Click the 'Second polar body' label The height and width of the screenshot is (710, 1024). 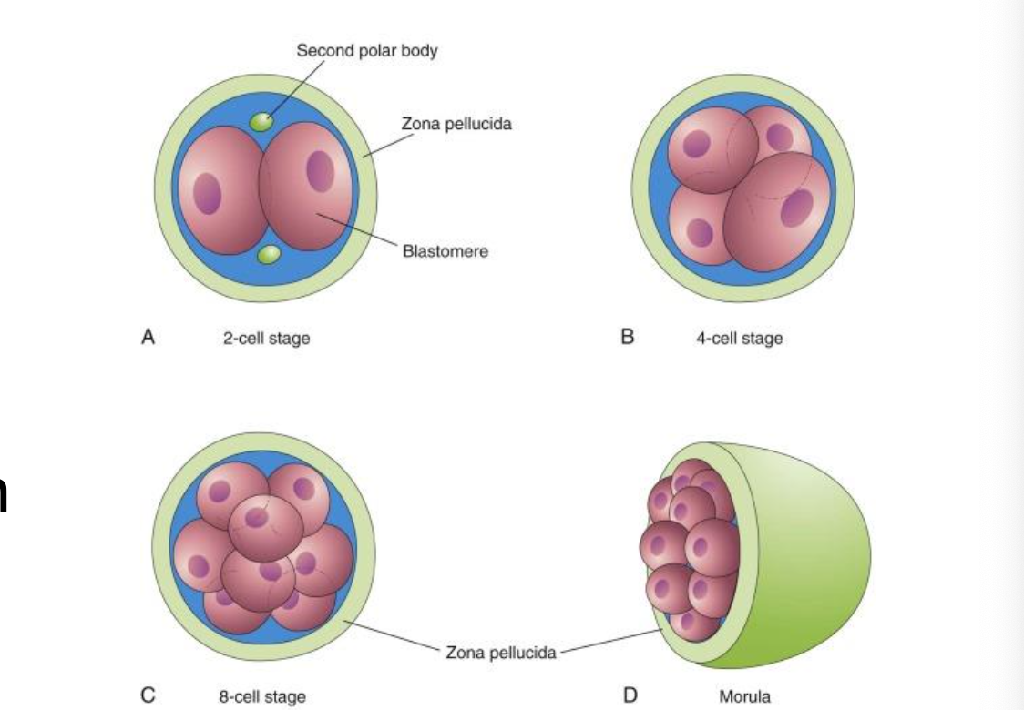367,50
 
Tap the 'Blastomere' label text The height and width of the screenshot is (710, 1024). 445,251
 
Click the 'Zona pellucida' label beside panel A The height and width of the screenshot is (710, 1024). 456,124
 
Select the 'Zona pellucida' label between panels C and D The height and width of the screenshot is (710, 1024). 501,653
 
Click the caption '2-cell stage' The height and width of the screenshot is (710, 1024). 266,340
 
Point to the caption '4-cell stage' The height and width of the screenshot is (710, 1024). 739,340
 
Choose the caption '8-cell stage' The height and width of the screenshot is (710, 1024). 261,696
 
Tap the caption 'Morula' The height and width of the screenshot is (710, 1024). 744,696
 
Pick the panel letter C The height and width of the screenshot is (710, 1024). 148,695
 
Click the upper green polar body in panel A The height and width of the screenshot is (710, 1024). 262,122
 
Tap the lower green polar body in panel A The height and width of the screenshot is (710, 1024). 267,255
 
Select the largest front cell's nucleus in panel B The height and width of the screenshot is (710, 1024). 795,208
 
